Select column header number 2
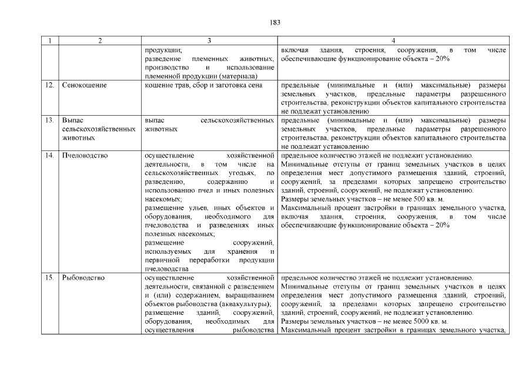(x=100, y=41)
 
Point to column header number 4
(x=393, y=41)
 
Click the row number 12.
(x=49, y=85)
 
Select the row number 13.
(x=49, y=120)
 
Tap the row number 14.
(x=49, y=156)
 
